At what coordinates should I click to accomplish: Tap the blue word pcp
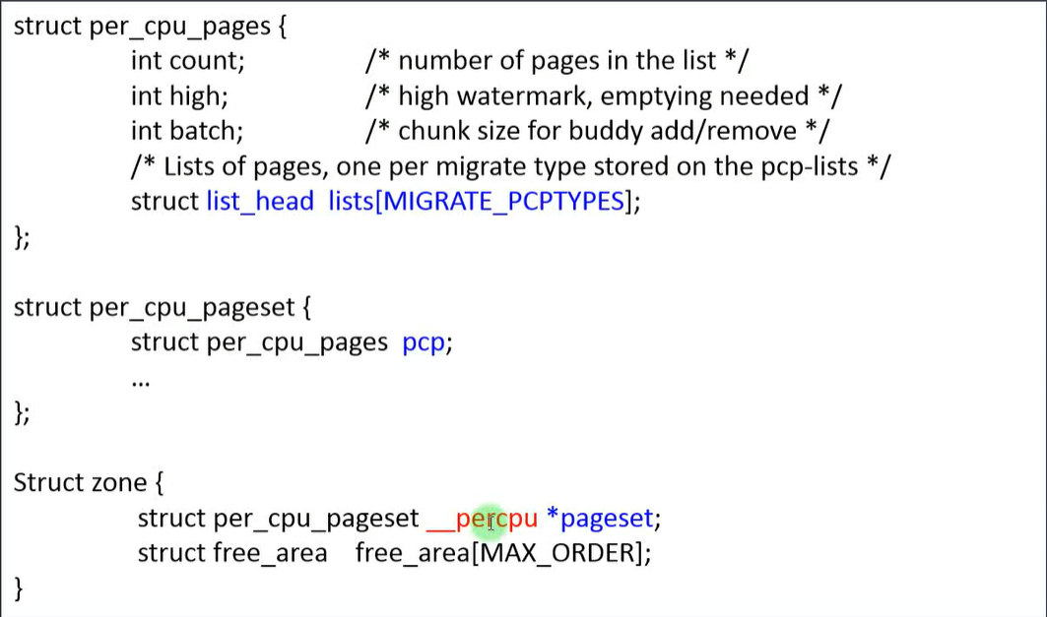[x=425, y=343]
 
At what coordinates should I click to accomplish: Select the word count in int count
[x=207, y=61]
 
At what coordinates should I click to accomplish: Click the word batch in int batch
[x=205, y=131]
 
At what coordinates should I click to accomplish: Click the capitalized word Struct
[x=49, y=483]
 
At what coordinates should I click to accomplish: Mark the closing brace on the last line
[x=19, y=587]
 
